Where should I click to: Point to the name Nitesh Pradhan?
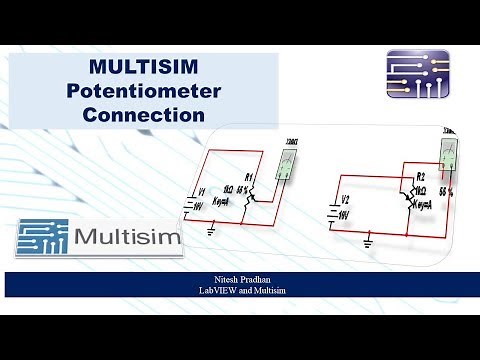tap(240, 280)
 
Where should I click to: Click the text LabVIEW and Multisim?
tap(240, 291)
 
